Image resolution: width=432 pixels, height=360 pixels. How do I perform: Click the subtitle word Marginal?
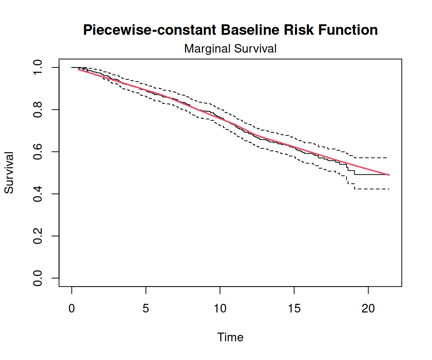click(x=207, y=49)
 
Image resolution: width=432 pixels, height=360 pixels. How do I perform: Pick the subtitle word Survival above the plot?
click(x=255, y=48)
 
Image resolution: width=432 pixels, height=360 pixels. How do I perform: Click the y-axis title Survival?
click(x=9, y=173)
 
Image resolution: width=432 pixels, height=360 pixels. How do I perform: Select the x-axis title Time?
click(x=230, y=337)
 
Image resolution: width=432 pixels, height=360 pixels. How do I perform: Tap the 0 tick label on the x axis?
click(x=72, y=309)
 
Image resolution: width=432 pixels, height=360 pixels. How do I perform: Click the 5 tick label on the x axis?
click(x=146, y=309)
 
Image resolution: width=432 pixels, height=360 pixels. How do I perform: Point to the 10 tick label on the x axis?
click(x=220, y=309)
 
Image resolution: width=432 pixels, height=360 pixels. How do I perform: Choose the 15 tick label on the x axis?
click(x=294, y=309)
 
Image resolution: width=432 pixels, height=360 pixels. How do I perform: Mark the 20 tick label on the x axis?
click(x=368, y=309)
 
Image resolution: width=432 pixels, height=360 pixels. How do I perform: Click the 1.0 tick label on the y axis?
click(x=37, y=67)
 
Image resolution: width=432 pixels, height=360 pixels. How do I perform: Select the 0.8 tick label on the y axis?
click(x=37, y=109)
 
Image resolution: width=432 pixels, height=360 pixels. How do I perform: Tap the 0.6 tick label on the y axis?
click(x=37, y=152)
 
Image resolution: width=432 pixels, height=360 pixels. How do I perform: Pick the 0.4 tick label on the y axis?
click(x=37, y=194)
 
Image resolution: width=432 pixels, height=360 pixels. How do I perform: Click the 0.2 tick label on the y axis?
click(x=37, y=236)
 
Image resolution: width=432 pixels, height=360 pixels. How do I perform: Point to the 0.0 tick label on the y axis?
click(x=37, y=278)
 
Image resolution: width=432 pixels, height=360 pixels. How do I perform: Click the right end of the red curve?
click(x=389, y=175)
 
